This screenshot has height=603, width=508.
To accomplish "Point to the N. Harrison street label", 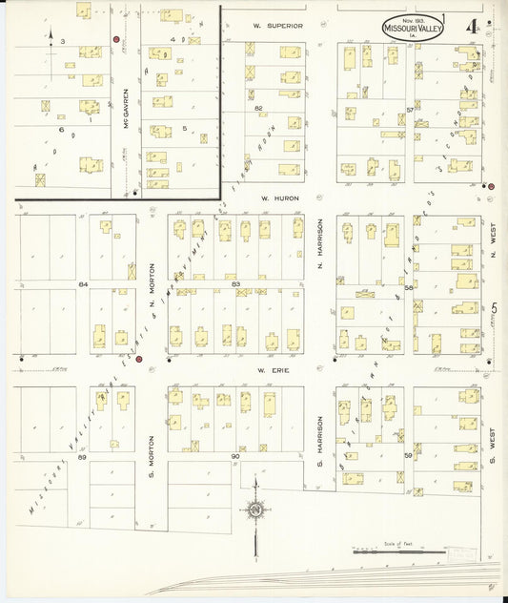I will click(320, 242).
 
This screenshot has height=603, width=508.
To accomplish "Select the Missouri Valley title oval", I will click(413, 28).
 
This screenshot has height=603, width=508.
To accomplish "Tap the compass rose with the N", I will click(255, 511).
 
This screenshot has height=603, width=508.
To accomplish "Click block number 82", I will click(257, 109).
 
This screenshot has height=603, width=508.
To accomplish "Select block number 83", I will click(234, 284).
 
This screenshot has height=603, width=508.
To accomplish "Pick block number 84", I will click(83, 284).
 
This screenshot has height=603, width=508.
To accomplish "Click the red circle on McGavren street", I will click(116, 40).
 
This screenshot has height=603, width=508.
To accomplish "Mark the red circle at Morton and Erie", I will click(138, 360).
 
